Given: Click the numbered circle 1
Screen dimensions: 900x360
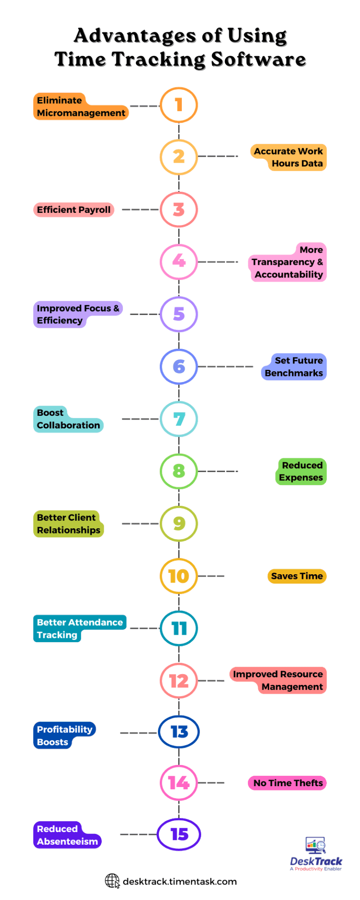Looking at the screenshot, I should (x=179, y=105).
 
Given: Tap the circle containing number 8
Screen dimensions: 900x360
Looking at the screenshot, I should (x=179, y=471).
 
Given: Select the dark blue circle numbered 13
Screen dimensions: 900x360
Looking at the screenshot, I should (x=179, y=732).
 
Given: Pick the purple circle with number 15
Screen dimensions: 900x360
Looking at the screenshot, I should (x=179, y=834).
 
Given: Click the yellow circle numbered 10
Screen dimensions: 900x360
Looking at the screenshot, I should (x=179, y=576).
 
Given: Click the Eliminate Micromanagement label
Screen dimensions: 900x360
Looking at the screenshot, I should (x=81, y=107).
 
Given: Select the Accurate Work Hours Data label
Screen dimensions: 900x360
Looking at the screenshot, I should (x=288, y=157).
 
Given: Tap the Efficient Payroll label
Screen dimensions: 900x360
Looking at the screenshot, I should (x=74, y=210).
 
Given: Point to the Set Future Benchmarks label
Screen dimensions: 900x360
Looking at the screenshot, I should (x=294, y=367).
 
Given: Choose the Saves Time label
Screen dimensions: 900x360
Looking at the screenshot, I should (x=297, y=576).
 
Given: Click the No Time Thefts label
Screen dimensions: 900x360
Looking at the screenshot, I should (x=287, y=783).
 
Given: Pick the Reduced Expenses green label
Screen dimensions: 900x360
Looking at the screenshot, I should (x=301, y=472).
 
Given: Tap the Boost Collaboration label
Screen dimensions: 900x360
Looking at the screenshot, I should (x=68, y=420).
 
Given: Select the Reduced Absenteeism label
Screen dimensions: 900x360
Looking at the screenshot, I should (x=67, y=835).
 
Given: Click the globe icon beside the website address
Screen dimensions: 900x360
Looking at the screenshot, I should (x=112, y=881).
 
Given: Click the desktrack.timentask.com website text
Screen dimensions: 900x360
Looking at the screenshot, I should (x=180, y=882).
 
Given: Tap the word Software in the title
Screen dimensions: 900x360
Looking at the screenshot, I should (x=258, y=60).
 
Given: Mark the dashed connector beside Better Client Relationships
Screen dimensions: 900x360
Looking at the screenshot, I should (x=140, y=524).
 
